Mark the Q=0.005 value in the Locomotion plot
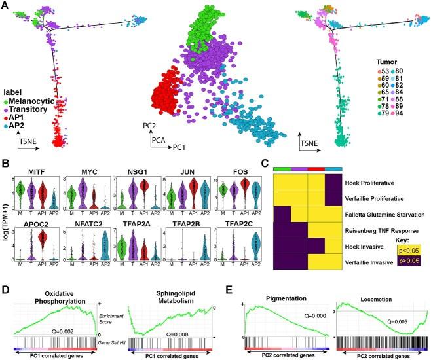coord(377,321)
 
